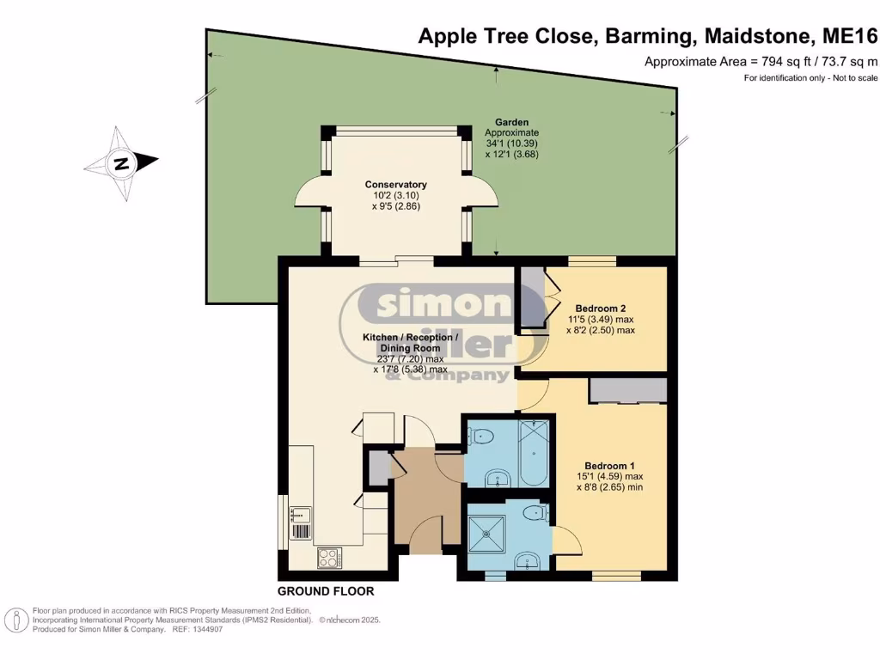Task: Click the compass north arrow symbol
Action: point(121,162)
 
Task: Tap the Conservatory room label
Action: point(395,185)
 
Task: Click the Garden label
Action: point(511,123)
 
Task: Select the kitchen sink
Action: point(300,516)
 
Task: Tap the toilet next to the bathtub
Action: point(482,437)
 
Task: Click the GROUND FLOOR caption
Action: point(325,591)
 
